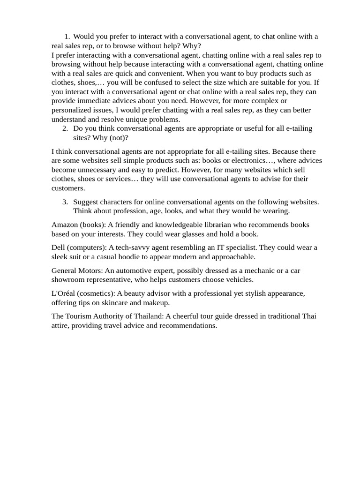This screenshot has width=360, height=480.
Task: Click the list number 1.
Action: click(67, 37)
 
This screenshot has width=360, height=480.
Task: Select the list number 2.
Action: click(65, 128)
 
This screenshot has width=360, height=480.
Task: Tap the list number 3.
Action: click(65, 202)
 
